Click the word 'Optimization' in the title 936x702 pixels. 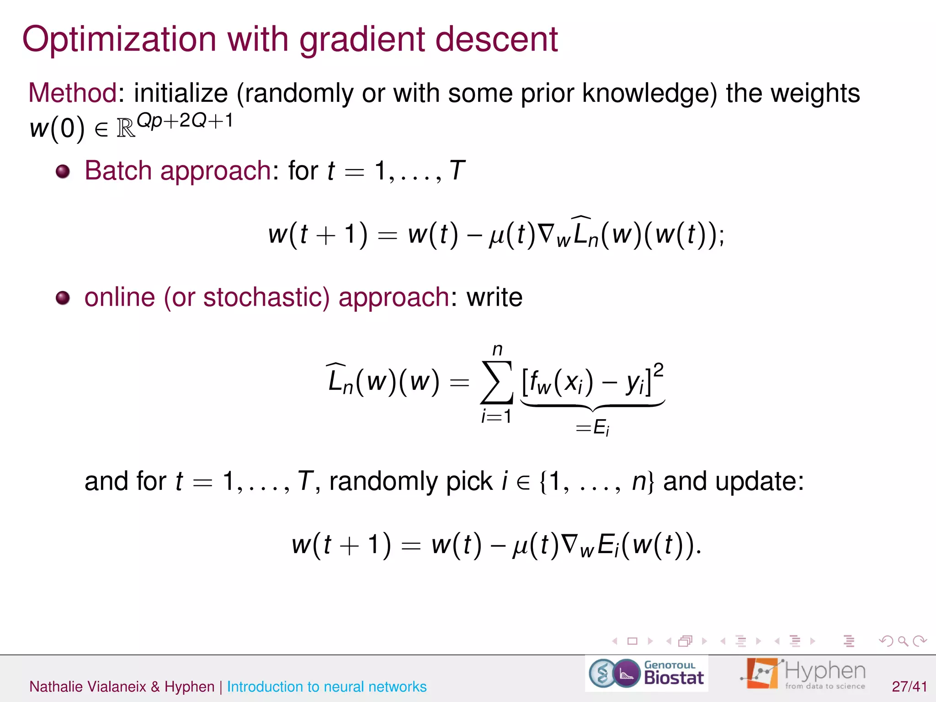(x=119, y=40)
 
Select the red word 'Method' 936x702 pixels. (x=73, y=93)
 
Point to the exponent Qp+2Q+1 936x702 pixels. (x=185, y=121)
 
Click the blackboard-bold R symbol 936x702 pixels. (x=126, y=129)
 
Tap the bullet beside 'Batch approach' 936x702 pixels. (x=63, y=172)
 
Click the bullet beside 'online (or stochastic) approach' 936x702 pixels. (x=63, y=298)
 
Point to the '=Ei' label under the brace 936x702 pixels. (x=592, y=428)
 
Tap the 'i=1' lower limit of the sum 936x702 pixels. (x=496, y=416)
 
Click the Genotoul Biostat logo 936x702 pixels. (x=646, y=673)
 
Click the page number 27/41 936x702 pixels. (x=909, y=686)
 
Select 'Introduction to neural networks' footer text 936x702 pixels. (x=326, y=686)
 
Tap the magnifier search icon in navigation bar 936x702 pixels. (x=903, y=641)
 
